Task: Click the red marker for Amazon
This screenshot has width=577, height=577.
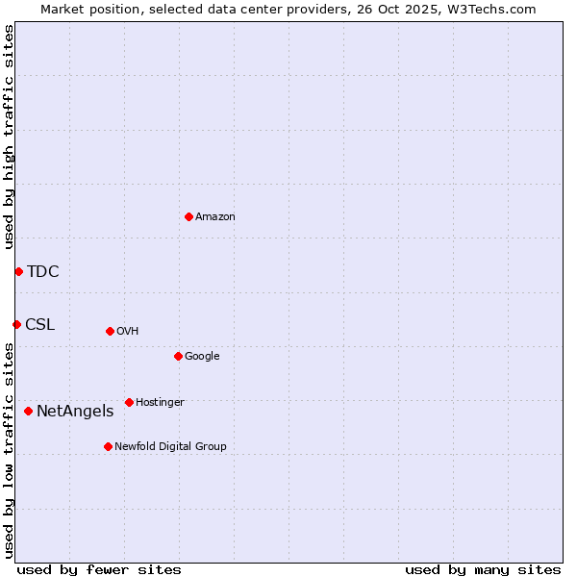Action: [188, 216]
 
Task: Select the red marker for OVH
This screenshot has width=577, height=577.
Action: [110, 331]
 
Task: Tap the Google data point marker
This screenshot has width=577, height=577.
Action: [178, 356]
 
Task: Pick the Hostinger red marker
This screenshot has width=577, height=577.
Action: [129, 402]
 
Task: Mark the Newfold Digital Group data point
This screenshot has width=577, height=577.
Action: [108, 446]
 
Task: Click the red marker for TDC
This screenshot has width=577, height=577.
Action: [18, 271]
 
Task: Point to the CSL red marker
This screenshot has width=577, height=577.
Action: [16, 324]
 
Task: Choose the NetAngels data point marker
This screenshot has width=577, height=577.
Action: [28, 411]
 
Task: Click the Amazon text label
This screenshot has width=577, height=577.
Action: [215, 216]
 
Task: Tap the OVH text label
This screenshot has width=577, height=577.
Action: [128, 331]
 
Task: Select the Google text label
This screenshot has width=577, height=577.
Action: [202, 356]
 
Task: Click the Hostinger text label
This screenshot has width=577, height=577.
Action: [160, 402]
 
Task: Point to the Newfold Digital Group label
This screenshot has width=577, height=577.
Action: [170, 446]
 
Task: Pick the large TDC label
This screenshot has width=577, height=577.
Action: [43, 271]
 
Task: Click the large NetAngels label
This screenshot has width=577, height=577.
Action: [75, 411]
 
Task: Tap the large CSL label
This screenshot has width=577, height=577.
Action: [40, 324]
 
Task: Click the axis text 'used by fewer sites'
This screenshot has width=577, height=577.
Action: [99, 569]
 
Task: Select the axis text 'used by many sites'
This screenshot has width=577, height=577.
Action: [483, 569]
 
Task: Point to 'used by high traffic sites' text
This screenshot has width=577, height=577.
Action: [9, 137]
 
